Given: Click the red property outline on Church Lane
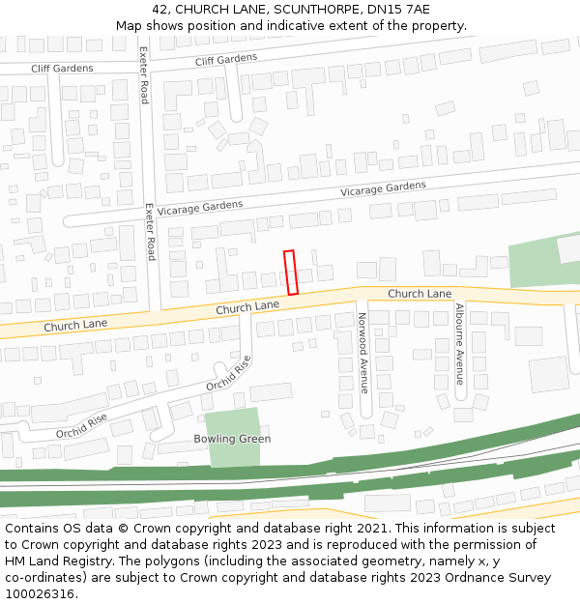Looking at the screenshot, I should click(x=291, y=273).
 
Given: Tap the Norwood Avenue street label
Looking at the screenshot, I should click(x=363, y=353).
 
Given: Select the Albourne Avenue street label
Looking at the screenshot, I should click(x=460, y=344).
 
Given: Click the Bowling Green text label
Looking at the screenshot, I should click(x=232, y=439).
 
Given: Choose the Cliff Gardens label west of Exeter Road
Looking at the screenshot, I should click(x=62, y=68).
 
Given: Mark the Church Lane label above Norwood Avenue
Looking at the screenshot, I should click(x=420, y=293).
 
